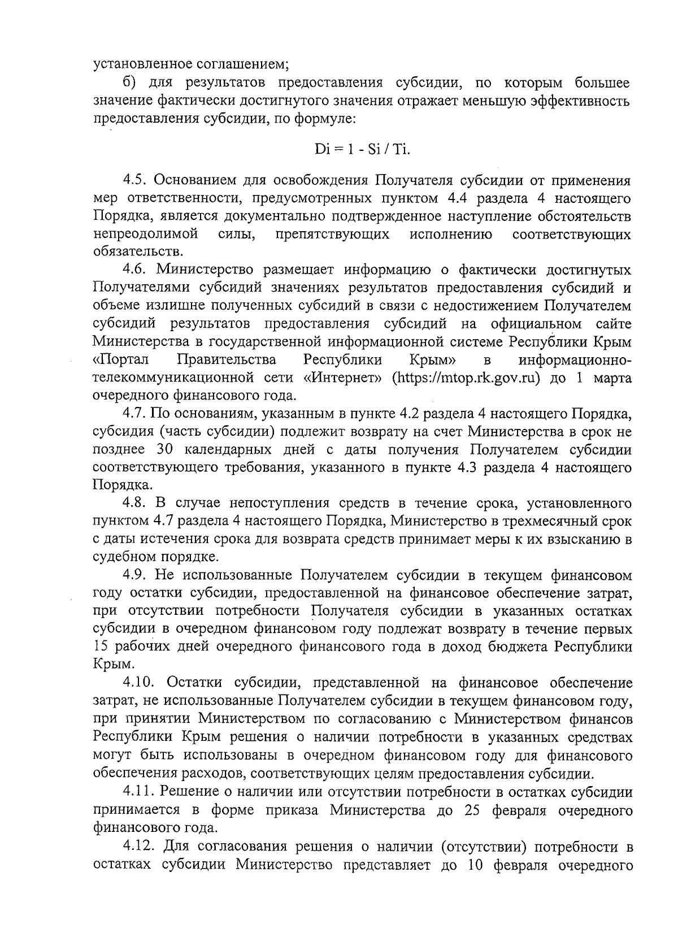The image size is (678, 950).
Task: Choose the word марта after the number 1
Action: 612,378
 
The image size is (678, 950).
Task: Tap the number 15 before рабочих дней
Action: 103,647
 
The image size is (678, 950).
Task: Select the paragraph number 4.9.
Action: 136,575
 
